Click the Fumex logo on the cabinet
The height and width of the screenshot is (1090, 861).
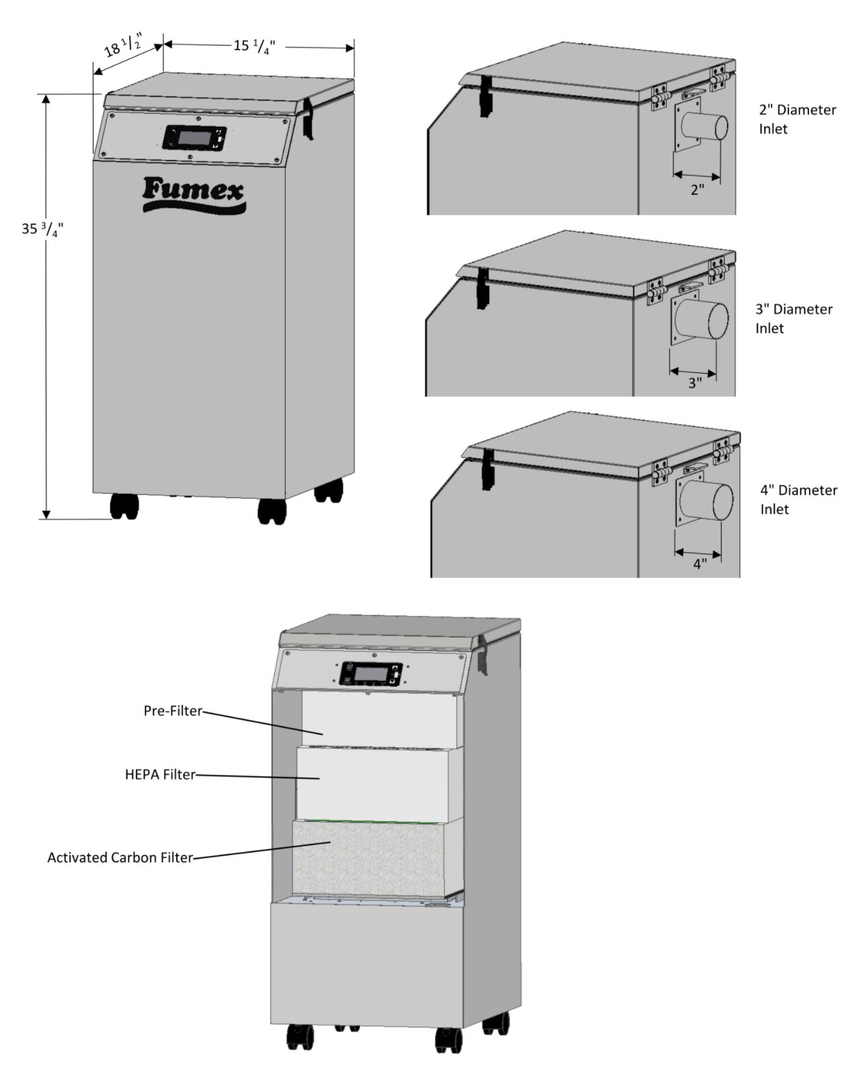pos(194,194)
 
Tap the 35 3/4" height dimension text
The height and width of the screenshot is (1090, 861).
pos(42,229)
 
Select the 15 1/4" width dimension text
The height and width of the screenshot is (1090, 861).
pos(254,46)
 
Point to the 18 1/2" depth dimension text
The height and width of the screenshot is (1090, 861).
pos(122,46)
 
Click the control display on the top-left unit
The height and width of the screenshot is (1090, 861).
pos(194,138)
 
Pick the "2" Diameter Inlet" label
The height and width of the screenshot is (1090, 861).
pos(797,119)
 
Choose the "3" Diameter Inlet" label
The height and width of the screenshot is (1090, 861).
pos(794,319)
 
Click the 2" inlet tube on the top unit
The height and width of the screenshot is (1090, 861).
pos(704,127)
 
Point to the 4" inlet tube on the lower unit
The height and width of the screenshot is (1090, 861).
pos(706,501)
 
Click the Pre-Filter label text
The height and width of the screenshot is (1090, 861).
pos(173,710)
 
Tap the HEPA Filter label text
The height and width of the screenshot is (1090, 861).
pos(160,774)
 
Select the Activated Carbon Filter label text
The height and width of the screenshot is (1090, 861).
pos(120,857)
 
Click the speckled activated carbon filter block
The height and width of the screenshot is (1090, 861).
pos(368,859)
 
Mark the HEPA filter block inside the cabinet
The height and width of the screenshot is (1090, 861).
pos(372,785)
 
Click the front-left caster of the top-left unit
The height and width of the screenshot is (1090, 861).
pos(124,506)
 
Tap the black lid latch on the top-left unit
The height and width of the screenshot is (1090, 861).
pos(308,118)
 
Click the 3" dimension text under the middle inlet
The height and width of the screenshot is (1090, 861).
pos(695,383)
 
